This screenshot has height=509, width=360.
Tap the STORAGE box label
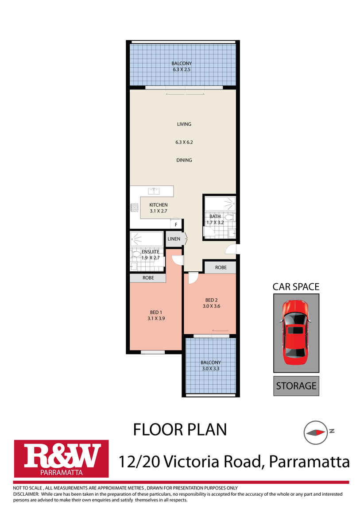(296, 386)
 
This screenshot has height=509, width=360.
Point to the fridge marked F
(176, 225)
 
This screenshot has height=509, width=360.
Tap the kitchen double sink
(154, 191)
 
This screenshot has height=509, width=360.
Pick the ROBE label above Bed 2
(221, 268)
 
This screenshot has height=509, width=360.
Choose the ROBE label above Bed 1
(148, 278)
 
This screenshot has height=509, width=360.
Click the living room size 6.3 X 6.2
(184, 142)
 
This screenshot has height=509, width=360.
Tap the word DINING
(184, 160)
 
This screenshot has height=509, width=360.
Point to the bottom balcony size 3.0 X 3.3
(211, 368)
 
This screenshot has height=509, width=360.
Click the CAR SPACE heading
(296, 287)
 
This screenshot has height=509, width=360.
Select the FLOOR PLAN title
(180, 429)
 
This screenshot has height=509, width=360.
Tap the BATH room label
(215, 216)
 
